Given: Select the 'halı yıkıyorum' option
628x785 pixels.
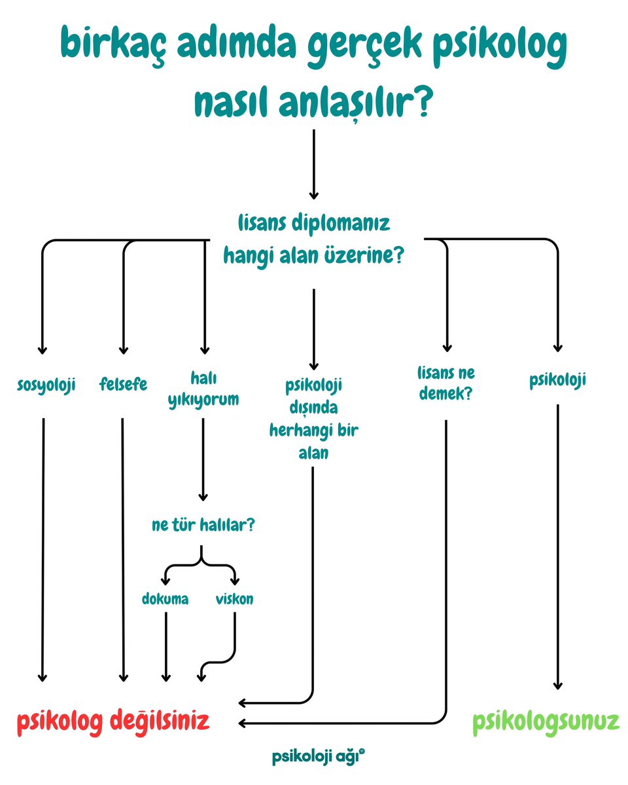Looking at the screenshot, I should tap(203, 390).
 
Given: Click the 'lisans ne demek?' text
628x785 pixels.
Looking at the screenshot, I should tap(445, 383).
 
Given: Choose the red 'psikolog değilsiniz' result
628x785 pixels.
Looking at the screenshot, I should tap(113, 722).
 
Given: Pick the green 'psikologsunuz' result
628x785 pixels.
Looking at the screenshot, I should tap(546, 722).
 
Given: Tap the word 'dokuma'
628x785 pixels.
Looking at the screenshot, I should tap(165, 599).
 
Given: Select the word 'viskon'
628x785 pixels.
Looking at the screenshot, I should tap(234, 599).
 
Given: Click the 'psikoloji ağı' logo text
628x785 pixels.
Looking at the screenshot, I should tap(317, 757).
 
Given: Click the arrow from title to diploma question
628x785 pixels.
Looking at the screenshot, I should tap(314, 164).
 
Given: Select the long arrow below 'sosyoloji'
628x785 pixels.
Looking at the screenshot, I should tap(43, 549).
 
